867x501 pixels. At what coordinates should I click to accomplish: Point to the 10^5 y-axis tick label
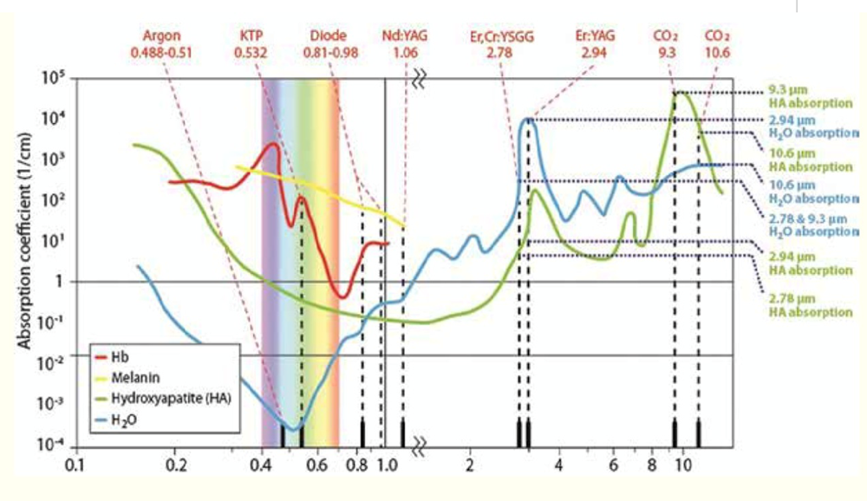[56, 79]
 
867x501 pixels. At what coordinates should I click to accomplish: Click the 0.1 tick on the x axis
[77, 464]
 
